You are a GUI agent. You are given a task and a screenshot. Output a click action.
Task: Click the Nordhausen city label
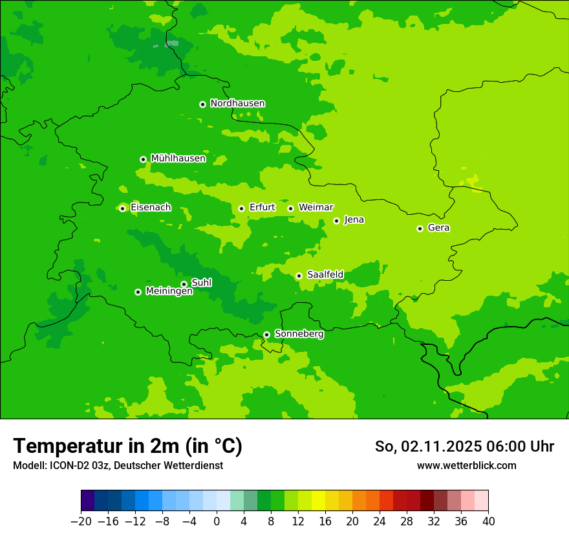point(237,104)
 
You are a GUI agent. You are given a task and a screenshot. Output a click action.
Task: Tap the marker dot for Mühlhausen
point(143,159)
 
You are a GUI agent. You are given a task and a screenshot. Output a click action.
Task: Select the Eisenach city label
point(151,208)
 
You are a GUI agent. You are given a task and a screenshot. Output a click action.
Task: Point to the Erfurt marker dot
point(241,208)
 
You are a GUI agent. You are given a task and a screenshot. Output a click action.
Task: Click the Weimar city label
point(316,208)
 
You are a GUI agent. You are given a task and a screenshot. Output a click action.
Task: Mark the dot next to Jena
point(336,221)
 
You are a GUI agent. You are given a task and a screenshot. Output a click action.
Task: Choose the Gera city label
point(438,228)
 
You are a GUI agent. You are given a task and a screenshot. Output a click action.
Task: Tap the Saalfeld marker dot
point(299,276)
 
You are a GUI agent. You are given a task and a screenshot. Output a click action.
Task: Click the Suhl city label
point(201,283)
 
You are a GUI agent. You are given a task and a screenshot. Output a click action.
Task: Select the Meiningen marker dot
point(138,292)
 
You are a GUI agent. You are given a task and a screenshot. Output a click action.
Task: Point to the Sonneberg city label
point(299,334)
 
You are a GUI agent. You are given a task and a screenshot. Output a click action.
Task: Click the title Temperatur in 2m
point(127,446)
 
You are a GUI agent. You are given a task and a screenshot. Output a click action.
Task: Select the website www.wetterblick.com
point(466,466)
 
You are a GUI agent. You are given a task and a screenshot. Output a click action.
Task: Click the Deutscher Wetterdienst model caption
point(169,466)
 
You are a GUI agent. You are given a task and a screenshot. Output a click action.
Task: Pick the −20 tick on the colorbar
point(81,521)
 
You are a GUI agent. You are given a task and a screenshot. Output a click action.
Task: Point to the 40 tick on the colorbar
point(488,521)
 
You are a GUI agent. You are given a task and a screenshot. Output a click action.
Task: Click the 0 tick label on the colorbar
point(217,521)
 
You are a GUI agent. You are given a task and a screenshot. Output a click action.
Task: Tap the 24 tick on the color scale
point(380,521)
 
